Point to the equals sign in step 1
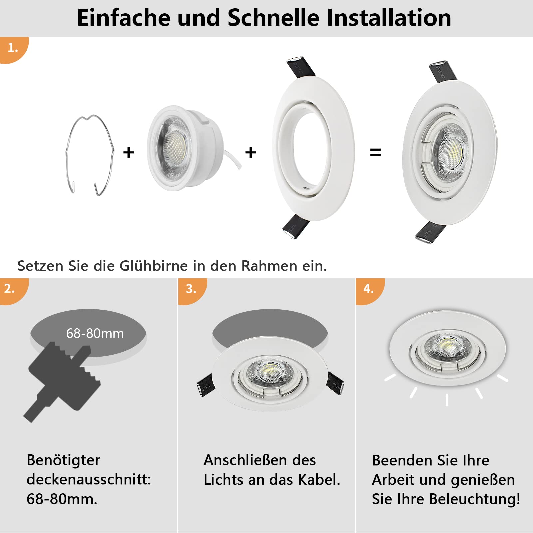(375, 152)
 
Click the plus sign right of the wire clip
(128, 153)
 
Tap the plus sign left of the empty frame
(251, 153)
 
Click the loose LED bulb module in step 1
(187, 148)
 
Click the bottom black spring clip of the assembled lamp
(430, 232)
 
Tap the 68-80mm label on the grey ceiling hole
(95, 333)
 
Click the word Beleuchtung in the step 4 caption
(474, 499)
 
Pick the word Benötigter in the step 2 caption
(63, 460)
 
